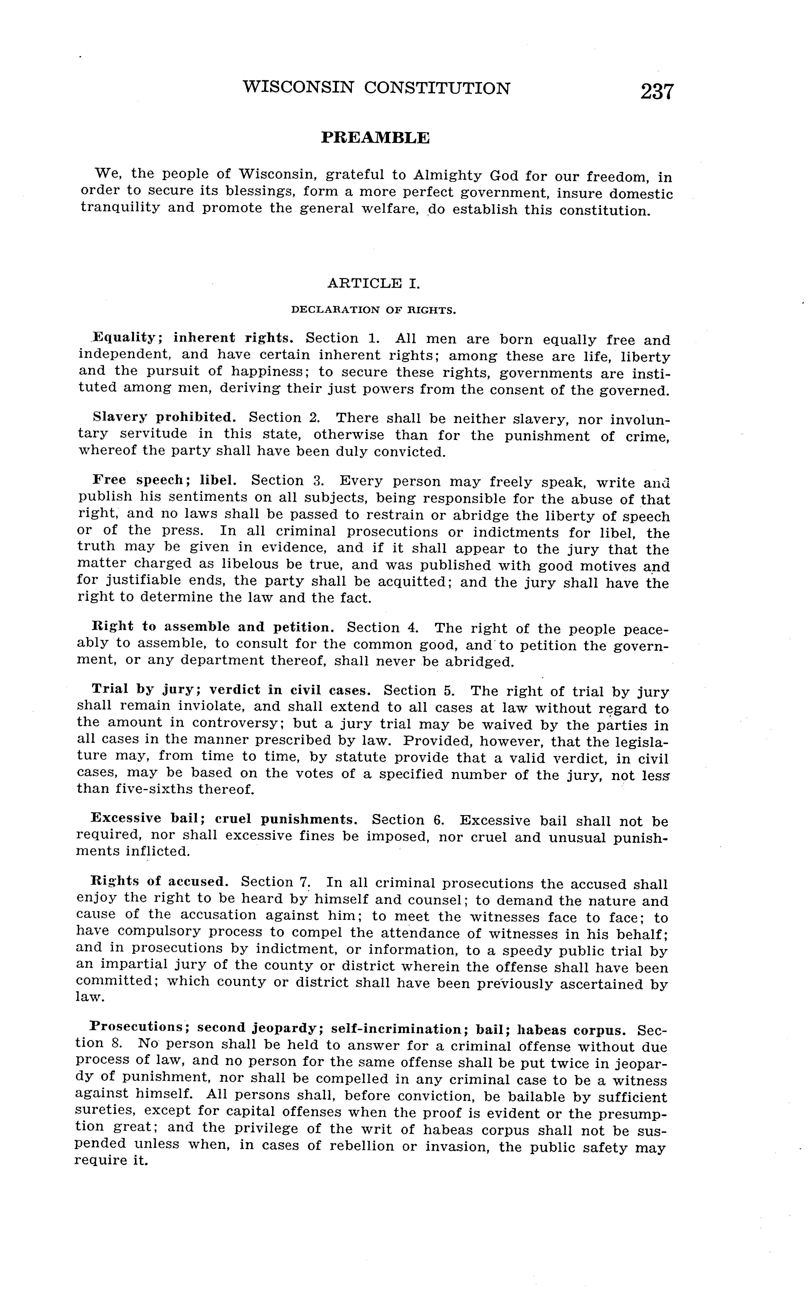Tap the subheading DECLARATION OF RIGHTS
pyautogui.click(x=373, y=310)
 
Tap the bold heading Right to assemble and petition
pyautogui.click(x=213, y=627)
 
